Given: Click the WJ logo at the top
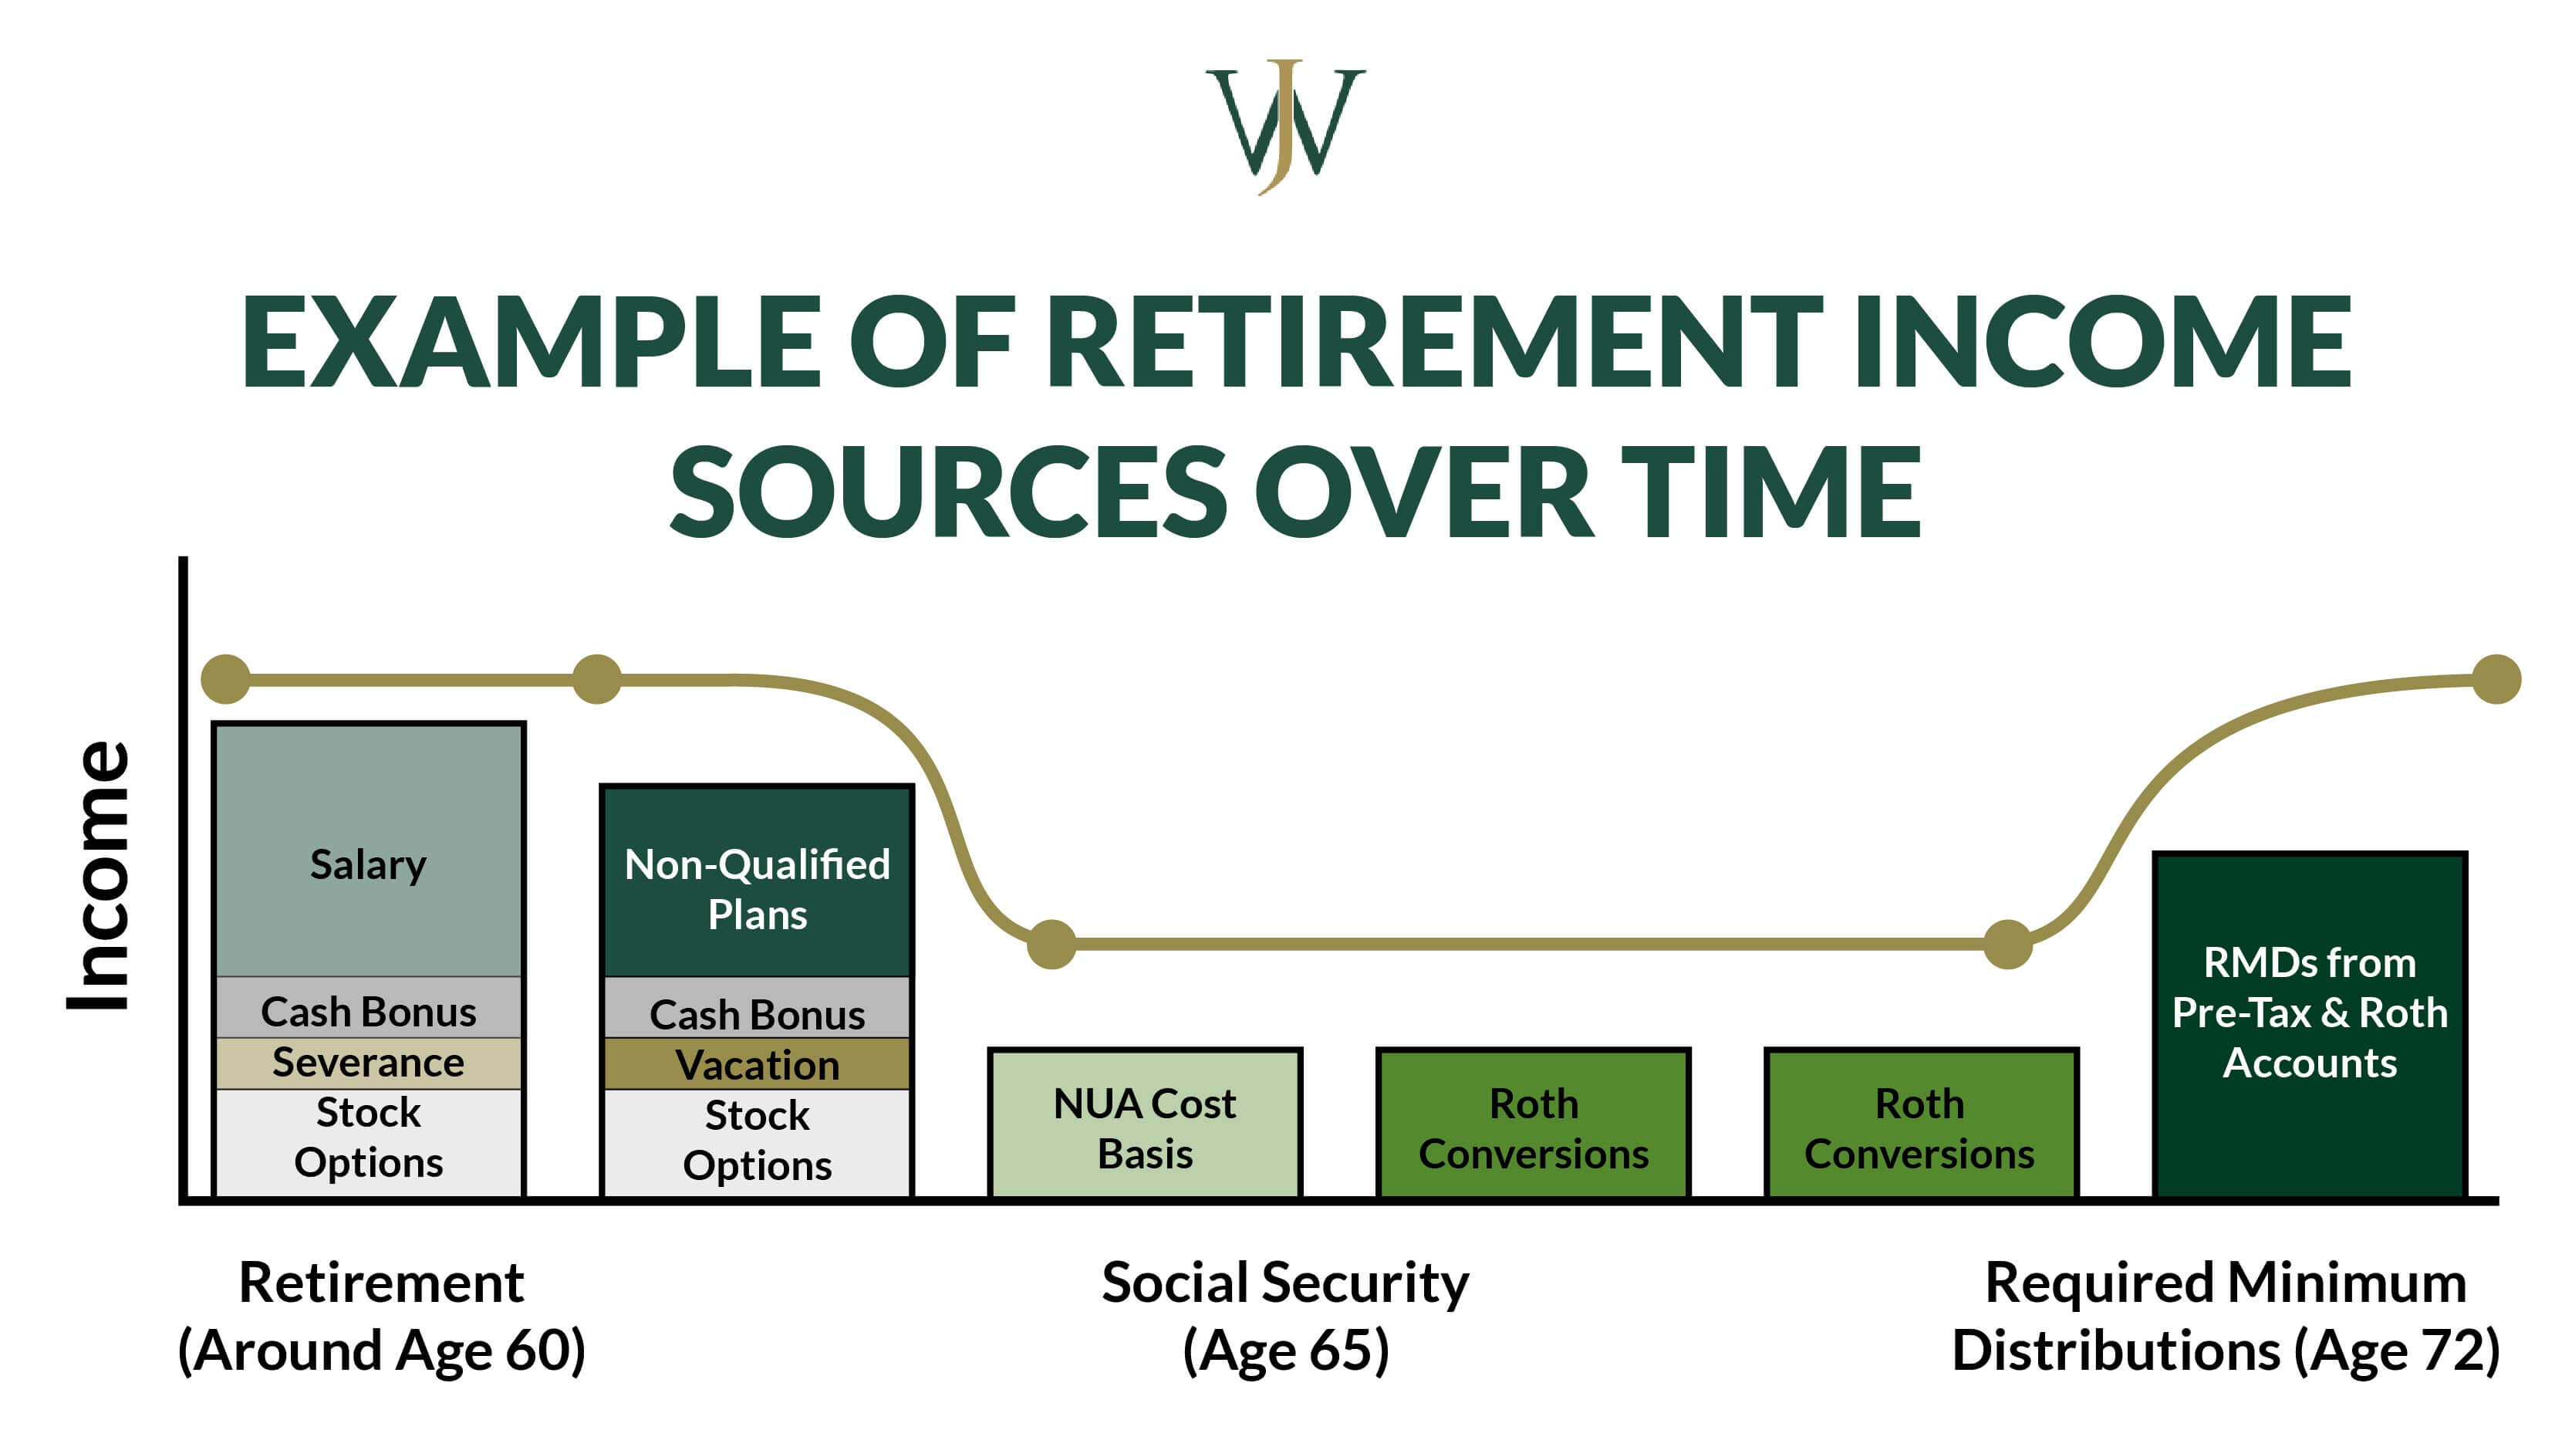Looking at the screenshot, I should tap(1285, 125).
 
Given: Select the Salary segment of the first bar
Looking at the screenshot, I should tap(369, 849).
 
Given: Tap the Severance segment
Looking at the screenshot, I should tap(369, 1063).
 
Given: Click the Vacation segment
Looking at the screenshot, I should tap(757, 1064).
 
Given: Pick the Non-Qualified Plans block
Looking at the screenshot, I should tap(757, 884).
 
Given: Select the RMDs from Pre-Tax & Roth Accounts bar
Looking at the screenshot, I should tap(2310, 1023).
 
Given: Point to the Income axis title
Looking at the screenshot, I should tap(100, 877).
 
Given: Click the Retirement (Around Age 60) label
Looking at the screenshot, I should tap(380, 1316).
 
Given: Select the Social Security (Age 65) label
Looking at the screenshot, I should tap(1285, 1316).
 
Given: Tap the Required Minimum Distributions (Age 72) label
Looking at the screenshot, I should tap(2225, 1316).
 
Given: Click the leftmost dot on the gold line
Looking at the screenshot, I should tap(226, 680).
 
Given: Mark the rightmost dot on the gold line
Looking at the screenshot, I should tap(2497, 679).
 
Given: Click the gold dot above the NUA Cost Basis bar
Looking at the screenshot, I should tap(1051, 944).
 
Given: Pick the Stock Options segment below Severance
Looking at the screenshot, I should tap(369, 1139).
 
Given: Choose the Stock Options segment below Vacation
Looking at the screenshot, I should tap(757, 1141).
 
